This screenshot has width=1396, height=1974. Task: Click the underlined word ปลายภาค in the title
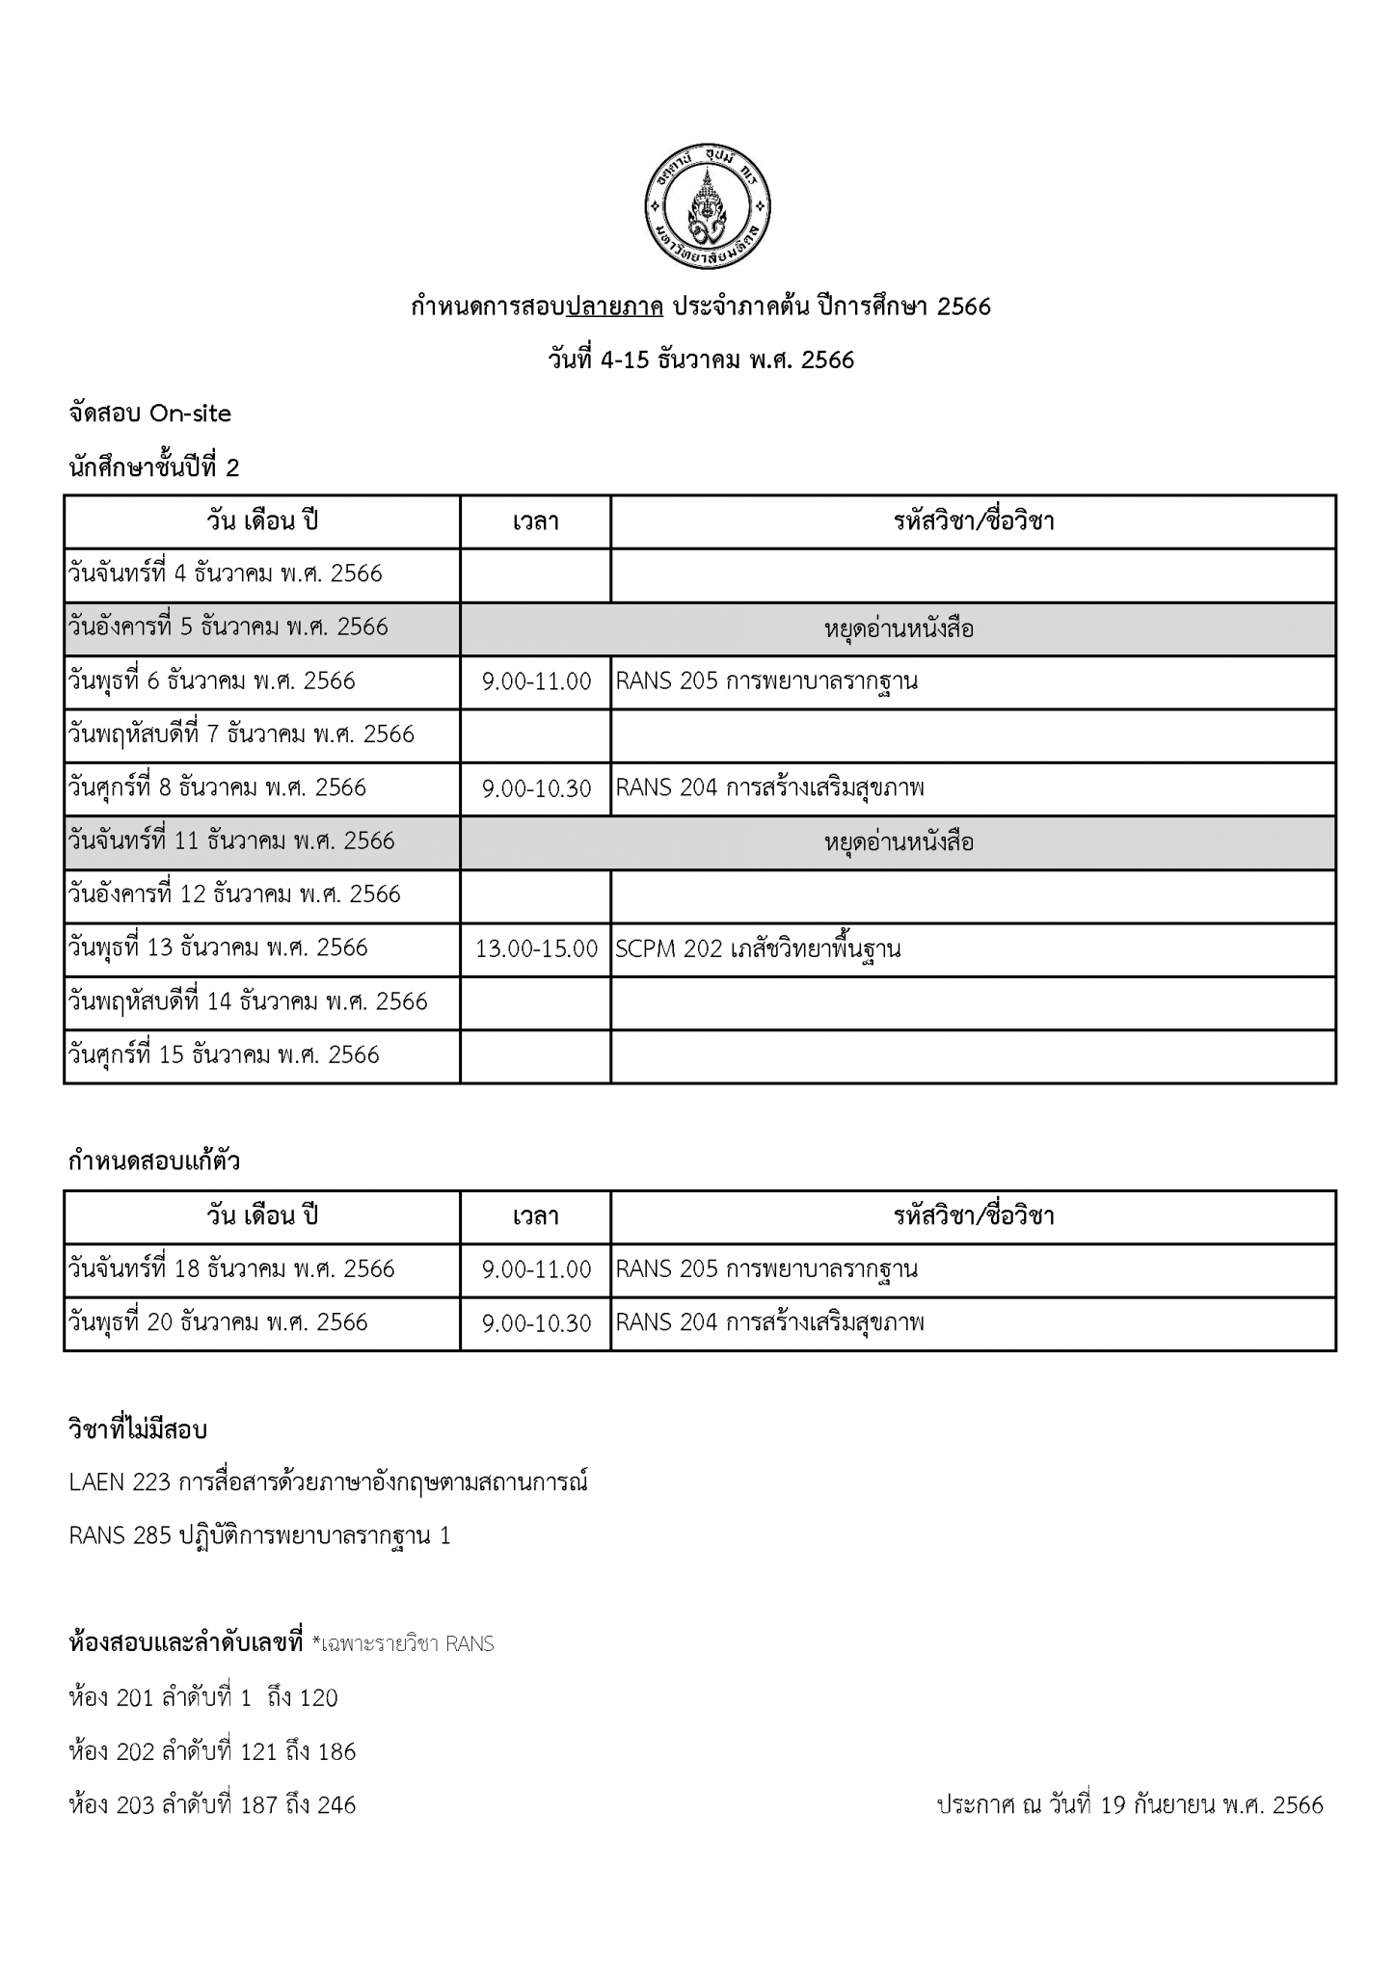[614, 307]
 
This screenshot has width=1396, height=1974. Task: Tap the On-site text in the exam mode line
[190, 413]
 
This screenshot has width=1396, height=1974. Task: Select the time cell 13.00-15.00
[536, 948]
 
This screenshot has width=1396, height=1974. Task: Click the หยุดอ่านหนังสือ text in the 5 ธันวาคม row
[899, 629]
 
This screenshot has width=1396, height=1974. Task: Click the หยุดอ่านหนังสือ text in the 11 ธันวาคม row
[899, 842]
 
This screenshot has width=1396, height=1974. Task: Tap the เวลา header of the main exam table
[536, 521]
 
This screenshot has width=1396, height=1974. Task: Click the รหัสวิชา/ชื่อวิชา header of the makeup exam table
[973, 1215]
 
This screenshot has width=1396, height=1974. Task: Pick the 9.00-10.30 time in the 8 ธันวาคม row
[536, 788]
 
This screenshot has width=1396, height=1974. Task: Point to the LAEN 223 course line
[328, 1481]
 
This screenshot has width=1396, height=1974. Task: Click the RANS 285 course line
[259, 1535]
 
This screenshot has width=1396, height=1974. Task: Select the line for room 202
[212, 1751]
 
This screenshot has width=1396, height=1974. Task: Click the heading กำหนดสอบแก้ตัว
[154, 1161]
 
